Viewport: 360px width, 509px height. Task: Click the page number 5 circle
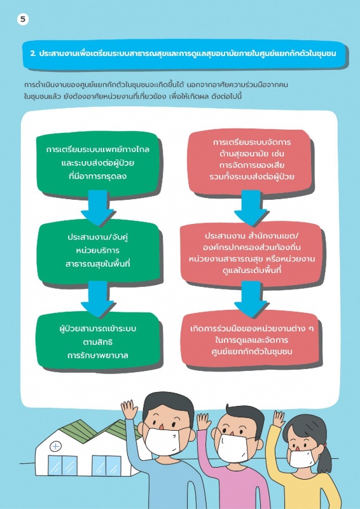point(23,20)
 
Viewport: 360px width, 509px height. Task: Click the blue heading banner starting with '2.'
point(184,54)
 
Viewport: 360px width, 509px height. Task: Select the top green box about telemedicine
point(98,164)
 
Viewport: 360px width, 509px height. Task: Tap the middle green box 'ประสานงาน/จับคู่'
point(98,251)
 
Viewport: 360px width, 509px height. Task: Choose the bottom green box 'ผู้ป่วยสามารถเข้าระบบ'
point(98,342)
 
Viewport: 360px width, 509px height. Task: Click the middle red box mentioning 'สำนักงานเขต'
point(251,253)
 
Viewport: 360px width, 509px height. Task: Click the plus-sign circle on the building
point(56,447)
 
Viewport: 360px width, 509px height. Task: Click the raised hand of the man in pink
point(204,422)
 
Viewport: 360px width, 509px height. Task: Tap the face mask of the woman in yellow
point(302,457)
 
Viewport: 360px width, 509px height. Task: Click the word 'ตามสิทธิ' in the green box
point(98,342)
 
